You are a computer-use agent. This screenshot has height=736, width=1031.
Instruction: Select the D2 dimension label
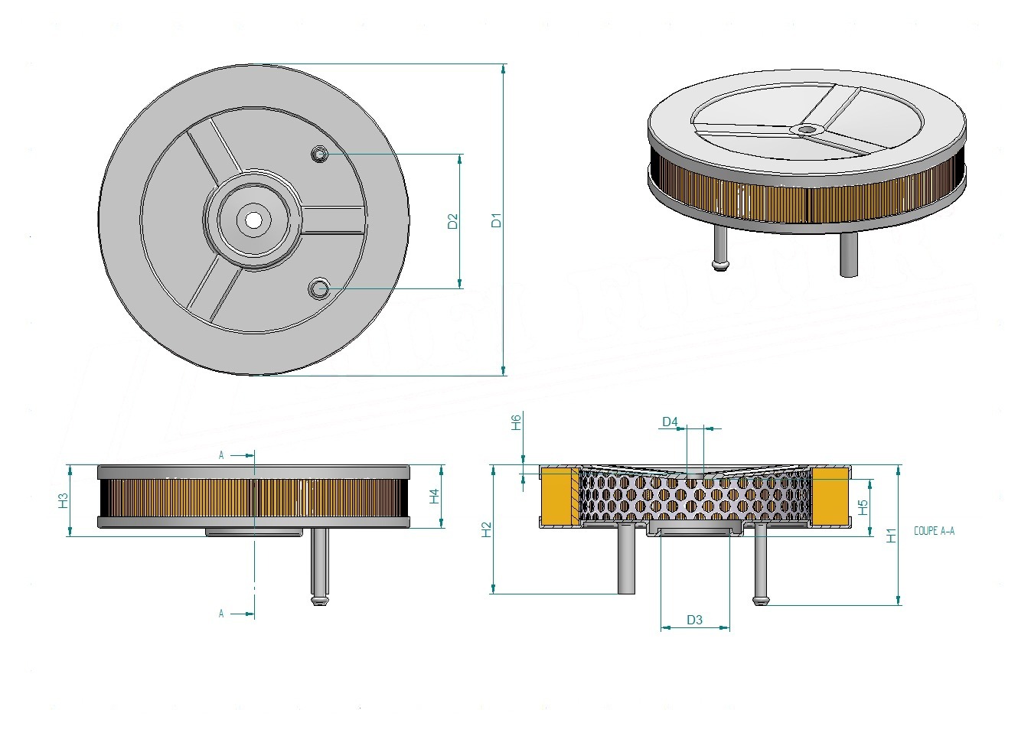(x=453, y=221)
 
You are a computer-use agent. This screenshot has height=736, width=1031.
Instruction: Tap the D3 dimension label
(x=694, y=620)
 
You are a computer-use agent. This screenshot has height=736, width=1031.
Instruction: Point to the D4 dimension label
(x=670, y=422)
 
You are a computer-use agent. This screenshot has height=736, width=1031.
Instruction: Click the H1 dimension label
(x=892, y=536)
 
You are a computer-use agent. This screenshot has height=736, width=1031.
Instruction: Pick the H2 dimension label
(x=486, y=529)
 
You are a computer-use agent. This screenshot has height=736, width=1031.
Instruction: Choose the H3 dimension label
(x=63, y=500)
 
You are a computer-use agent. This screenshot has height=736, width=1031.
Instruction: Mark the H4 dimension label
(x=434, y=497)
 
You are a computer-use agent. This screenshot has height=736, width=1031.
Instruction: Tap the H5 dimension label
(x=863, y=507)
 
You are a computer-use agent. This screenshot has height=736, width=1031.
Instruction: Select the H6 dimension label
(x=517, y=422)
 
